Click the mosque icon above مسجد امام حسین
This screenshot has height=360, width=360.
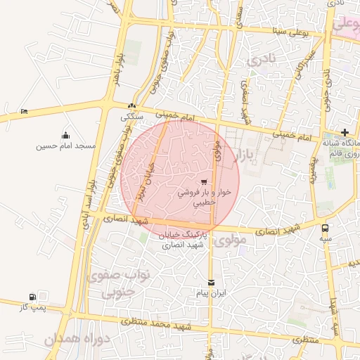click(x=66, y=135)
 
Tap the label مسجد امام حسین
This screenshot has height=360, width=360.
click(x=66, y=146)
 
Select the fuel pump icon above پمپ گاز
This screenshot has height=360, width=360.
click(x=33, y=297)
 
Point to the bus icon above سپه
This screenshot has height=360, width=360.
click(x=325, y=229)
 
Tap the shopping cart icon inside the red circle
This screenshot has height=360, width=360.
click(x=204, y=181)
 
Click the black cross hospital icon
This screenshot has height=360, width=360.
click(x=345, y=132)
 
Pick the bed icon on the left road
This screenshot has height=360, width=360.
click(x=25, y=111)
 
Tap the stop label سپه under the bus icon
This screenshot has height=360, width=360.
click(x=325, y=239)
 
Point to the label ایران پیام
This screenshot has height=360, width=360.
click(x=212, y=293)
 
